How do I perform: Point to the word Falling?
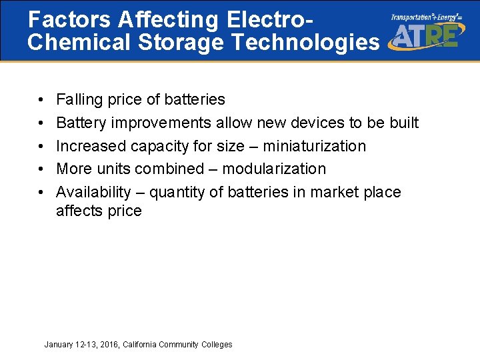tap(78, 100)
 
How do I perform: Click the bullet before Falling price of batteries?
tap(41, 100)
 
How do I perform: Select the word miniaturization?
tap(314, 146)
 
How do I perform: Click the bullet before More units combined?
tap(41, 169)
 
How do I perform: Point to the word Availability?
tap(93, 192)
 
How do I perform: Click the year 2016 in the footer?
tap(109, 345)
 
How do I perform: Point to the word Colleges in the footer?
tap(216, 345)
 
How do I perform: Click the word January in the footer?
tap(59, 345)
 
